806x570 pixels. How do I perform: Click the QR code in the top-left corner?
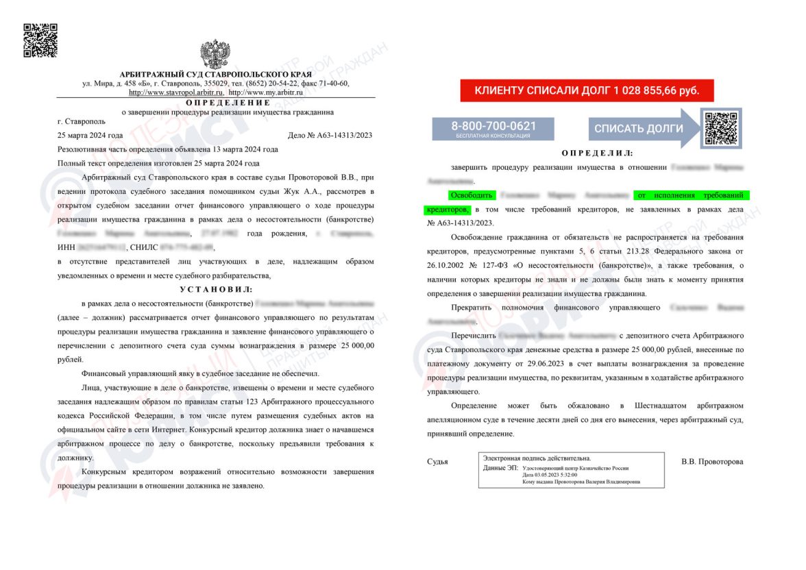tap(40, 40)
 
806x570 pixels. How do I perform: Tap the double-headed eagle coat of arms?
tap(215, 54)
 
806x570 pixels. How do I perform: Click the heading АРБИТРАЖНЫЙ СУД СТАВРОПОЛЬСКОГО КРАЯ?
tap(215, 74)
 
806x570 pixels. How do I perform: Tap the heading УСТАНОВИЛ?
tap(217, 290)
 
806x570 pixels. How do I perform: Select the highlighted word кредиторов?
tap(447, 209)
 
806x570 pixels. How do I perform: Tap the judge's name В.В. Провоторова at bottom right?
tap(712, 462)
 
